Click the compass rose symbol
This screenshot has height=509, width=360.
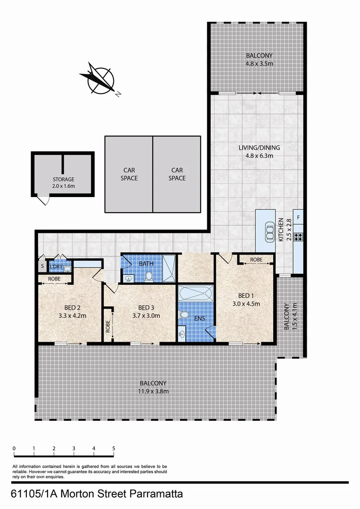[x=99, y=79]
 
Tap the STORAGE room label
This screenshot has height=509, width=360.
[x=63, y=180]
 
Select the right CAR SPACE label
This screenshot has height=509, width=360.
[x=177, y=174]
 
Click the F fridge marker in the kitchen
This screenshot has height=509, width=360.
[x=298, y=218]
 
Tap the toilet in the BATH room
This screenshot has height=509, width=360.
[x=149, y=276]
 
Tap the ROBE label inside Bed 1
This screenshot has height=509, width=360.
[x=256, y=260]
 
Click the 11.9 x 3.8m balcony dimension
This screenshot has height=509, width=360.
[x=153, y=391]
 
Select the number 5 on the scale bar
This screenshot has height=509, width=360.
[x=114, y=448]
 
